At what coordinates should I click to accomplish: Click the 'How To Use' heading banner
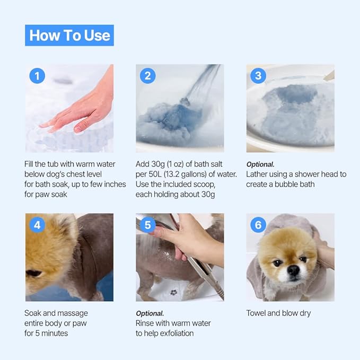click(69, 36)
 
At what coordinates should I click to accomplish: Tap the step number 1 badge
click(37, 76)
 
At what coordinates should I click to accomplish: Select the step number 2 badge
click(147, 76)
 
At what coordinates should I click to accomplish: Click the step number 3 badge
click(258, 76)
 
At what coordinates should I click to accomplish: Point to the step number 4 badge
click(37, 225)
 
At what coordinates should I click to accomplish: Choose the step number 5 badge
click(147, 225)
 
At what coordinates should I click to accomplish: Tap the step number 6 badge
click(258, 225)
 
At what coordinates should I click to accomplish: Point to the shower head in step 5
click(159, 225)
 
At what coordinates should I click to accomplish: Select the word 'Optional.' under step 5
click(150, 313)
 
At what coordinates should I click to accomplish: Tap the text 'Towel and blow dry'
click(278, 313)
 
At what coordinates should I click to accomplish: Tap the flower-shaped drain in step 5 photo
click(172, 292)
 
